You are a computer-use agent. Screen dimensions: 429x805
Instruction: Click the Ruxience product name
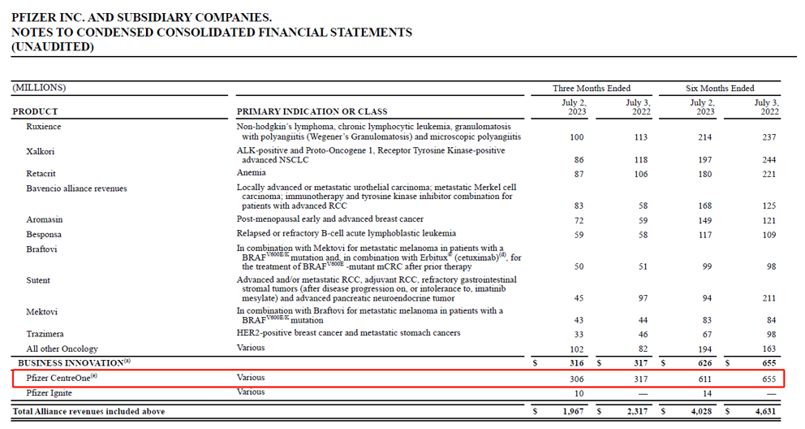(x=44, y=127)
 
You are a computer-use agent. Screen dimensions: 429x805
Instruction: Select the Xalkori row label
(x=41, y=151)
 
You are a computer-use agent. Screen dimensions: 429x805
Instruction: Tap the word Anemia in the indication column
(x=251, y=172)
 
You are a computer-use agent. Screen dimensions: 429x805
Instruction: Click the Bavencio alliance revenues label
(x=76, y=188)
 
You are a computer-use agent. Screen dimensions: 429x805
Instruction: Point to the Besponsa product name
(x=44, y=233)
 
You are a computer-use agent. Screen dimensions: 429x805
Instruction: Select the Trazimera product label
(x=45, y=334)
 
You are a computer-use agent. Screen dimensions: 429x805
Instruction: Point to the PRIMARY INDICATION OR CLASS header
(x=312, y=111)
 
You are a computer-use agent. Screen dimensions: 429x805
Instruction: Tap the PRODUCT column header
(x=35, y=111)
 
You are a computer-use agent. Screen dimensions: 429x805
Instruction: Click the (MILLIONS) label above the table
(x=39, y=88)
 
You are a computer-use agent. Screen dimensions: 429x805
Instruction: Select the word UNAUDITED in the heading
(x=53, y=47)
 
